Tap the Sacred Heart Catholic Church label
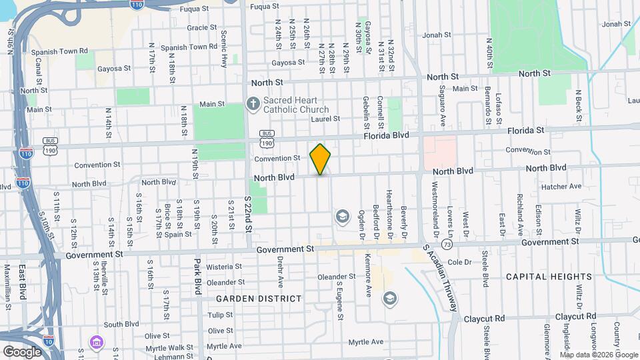tap(295, 105)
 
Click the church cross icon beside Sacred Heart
tap(253, 104)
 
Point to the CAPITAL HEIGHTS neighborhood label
tap(549, 277)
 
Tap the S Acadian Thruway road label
tap(441, 279)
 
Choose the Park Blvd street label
tap(198, 276)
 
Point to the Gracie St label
tap(198, 27)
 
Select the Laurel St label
tap(325, 119)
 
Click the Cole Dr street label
tap(459, 262)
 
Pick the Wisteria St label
tap(223, 267)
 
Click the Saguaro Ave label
tap(442, 102)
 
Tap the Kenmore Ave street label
tap(367, 275)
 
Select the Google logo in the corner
tap(22, 351)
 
